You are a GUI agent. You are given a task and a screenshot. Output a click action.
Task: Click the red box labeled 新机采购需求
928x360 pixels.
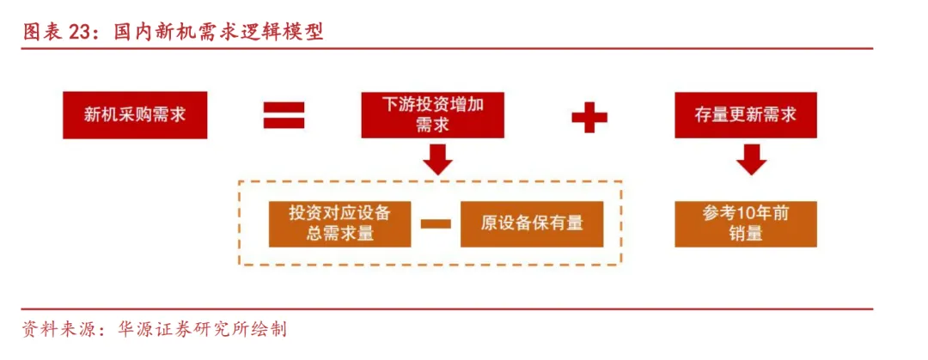[135, 115]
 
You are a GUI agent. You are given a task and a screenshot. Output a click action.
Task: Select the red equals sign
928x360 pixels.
[284, 116]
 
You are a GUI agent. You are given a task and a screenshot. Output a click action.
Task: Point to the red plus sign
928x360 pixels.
[589, 116]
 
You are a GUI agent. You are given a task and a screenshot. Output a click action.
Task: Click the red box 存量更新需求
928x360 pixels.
[745, 115]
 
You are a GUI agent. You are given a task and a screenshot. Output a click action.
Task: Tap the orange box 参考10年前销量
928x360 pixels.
[745, 223]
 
